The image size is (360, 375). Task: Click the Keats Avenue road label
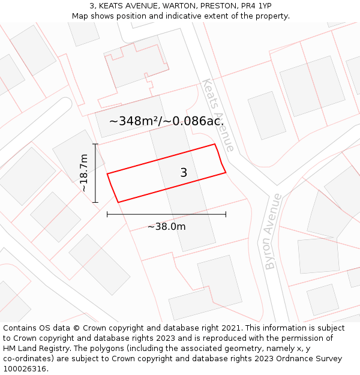(x=217, y=115)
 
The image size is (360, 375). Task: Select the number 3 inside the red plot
(x=184, y=173)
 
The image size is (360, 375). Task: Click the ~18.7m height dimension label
(x=85, y=173)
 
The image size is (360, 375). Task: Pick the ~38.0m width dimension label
(x=166, y=226)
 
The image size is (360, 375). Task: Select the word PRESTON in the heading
(x=210, y=6)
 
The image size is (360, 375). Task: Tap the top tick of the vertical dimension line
(x=95, y=144)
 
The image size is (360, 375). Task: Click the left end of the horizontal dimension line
(x=107, y=214)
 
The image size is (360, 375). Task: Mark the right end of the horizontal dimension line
(x=226, y=214)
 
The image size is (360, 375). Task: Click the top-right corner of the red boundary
(x=214, y=144)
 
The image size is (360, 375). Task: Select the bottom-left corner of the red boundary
(x=118, y=202)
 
